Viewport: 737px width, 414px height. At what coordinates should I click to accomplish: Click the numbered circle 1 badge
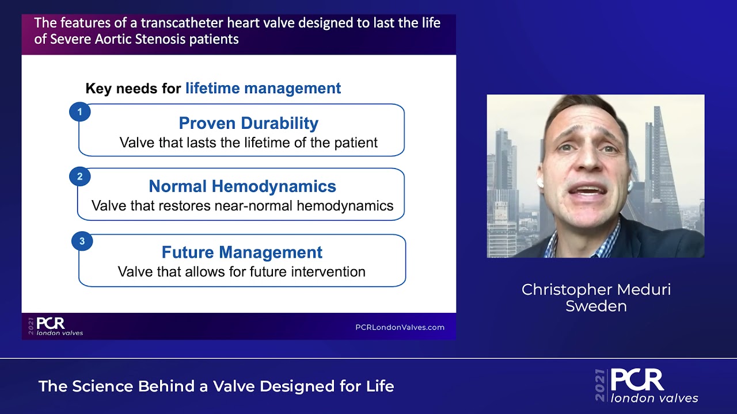click(x=79, y=112)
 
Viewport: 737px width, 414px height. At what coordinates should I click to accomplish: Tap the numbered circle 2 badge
click(x=79, y=177)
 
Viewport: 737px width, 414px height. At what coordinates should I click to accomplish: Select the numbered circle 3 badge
click(x=82, y=241)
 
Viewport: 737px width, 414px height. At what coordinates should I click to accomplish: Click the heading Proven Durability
click(x=248, y=124)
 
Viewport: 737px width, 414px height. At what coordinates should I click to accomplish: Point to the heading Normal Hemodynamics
click(x=242, y=186)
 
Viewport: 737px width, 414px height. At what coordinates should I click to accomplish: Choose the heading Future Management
click(x=242, y=252)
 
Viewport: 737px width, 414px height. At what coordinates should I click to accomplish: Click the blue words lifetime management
click(x=263, y=89)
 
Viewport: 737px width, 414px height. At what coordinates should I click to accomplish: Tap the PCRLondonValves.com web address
click(x=400, y=327)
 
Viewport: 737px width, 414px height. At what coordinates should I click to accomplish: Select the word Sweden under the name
click(x=596, y=306)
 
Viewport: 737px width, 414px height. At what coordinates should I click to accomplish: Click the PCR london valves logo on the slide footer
click(x=55, y=326)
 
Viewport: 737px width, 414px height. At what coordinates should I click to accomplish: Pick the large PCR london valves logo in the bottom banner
click(x=646, y=386)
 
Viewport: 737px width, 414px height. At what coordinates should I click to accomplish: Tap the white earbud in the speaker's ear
click(x=540, y=183)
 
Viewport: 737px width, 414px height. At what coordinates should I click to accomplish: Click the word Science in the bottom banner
click(x=102, y=386)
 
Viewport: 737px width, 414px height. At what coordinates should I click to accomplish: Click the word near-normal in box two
click(x=253, y=206)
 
